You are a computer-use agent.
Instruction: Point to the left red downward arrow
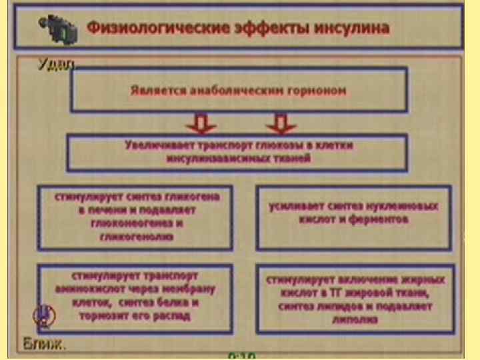coord(201,123)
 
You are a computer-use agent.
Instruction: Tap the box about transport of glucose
coord(237,153)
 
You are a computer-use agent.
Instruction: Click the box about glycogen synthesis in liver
coord(135,217)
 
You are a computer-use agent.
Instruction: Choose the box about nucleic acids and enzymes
coord(353,217)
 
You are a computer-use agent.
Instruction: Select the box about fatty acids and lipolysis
coord(353,299)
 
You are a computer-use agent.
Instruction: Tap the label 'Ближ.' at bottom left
coord(45,345)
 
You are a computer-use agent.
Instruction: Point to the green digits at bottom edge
coord(241,355)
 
